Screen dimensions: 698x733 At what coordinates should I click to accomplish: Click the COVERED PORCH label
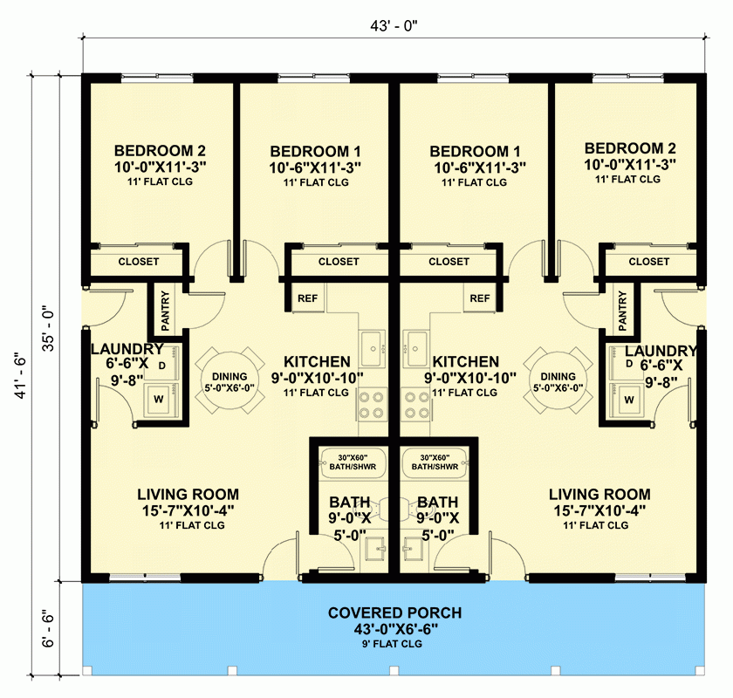pos(394,612)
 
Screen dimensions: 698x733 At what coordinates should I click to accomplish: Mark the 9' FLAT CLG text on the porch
pos(394,644)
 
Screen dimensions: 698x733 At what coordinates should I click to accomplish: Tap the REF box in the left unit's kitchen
pos(307,298)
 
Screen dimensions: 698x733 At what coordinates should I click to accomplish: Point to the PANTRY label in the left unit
pos(165,310)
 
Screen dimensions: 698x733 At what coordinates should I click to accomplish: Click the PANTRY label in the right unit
pos(622,310)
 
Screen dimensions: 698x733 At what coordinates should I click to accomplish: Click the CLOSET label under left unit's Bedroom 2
pos(138,261)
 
